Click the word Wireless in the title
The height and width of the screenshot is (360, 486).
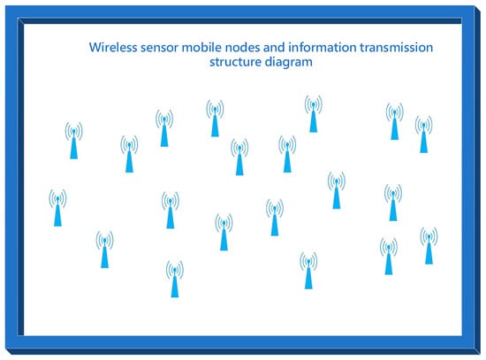point(113,48)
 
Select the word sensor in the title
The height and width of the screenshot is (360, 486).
point(159,48)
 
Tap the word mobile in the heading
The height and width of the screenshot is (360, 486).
point(201,48)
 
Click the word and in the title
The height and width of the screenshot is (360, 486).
point(274,48)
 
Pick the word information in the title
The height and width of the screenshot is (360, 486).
point(323,48)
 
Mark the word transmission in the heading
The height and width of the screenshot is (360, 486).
point(397,48)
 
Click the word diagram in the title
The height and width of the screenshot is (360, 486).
point(289,63)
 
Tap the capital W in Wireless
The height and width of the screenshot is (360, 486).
point(95,48)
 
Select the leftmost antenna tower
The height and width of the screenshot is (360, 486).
point(57,208)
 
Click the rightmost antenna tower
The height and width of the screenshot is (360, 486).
point(429,246)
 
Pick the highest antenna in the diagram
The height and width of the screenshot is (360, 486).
point(314,113)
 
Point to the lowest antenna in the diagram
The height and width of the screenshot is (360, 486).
point(175,279)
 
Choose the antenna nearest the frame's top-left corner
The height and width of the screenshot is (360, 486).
point(73,141)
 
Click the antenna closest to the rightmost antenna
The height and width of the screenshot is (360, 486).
point(389,256)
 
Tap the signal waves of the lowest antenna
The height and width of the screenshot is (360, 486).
point(175,270)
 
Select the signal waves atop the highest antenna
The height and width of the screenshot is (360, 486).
point(314,104)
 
